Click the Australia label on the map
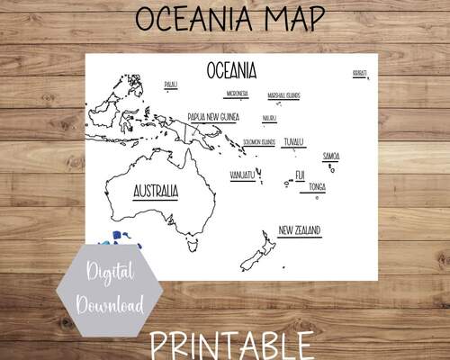tap(155, 191)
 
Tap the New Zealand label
tap(300, 230)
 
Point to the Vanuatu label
tap(241, 175)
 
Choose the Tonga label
tap(317, 186)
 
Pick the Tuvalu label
tap(293, 141)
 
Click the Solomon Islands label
tap(258, 142)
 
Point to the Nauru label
tap(269, 118)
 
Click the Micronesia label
tap(238, 94)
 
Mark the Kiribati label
tap(359, 71)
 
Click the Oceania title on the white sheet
tap(231, 69)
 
